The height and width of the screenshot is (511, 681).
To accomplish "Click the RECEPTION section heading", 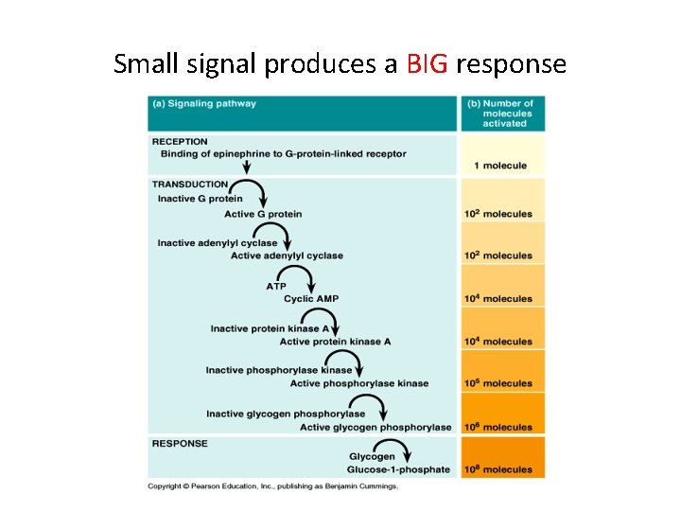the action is [180, 142].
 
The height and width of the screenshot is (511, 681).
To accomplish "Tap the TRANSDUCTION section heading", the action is [190, 185].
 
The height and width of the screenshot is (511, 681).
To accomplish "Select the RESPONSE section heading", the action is [180, 443].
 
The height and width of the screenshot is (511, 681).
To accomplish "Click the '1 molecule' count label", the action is [500, 166].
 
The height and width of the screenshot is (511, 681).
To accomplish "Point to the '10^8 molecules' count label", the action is [498, 469].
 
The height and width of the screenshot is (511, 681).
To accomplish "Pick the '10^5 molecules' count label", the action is [498, 383].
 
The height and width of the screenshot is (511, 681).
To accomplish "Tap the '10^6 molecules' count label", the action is [498, 427].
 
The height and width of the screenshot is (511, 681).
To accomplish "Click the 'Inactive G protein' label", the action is [201, 199].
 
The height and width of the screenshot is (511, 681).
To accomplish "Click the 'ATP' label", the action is [276, 286].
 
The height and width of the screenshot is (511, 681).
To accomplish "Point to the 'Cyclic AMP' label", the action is [311, 299].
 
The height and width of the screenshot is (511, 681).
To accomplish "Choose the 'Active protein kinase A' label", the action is [336, 342].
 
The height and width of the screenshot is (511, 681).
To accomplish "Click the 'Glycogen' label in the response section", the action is [372, 457].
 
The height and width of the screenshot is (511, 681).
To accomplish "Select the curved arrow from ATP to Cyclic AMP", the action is [302, 282].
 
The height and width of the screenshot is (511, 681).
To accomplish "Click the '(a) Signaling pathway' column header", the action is [204, 103].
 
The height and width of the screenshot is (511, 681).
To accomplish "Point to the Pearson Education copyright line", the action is [272, 486].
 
